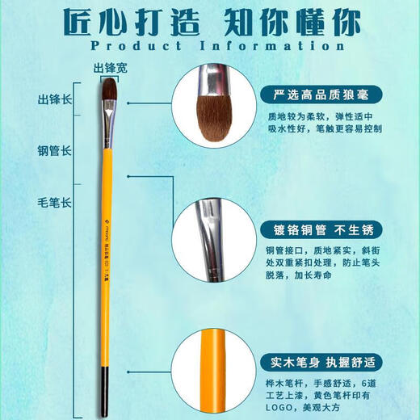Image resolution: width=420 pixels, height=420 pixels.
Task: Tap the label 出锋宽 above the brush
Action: coord(111,69)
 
